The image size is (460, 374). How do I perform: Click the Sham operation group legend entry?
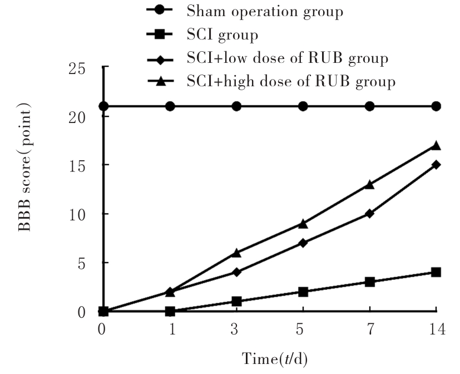click(265, 11)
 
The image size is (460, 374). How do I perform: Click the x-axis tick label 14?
click(437, 330)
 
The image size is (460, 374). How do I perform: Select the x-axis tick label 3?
click(236, 330)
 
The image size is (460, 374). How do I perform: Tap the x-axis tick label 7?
click(370, 330)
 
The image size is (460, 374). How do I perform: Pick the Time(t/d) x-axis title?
click(273, 358)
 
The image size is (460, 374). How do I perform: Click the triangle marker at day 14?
click(437, 146)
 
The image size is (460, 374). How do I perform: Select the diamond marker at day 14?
click(437, 165)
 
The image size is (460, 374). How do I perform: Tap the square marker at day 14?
click(437, 272)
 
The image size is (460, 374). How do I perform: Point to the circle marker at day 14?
click(437, 106)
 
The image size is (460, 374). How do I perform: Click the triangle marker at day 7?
click(370, 185)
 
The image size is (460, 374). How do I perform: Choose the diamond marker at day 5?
click(303, 243)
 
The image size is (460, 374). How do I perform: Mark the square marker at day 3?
click(236, 302)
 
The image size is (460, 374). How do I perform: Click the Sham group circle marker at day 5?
click(303, 106)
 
